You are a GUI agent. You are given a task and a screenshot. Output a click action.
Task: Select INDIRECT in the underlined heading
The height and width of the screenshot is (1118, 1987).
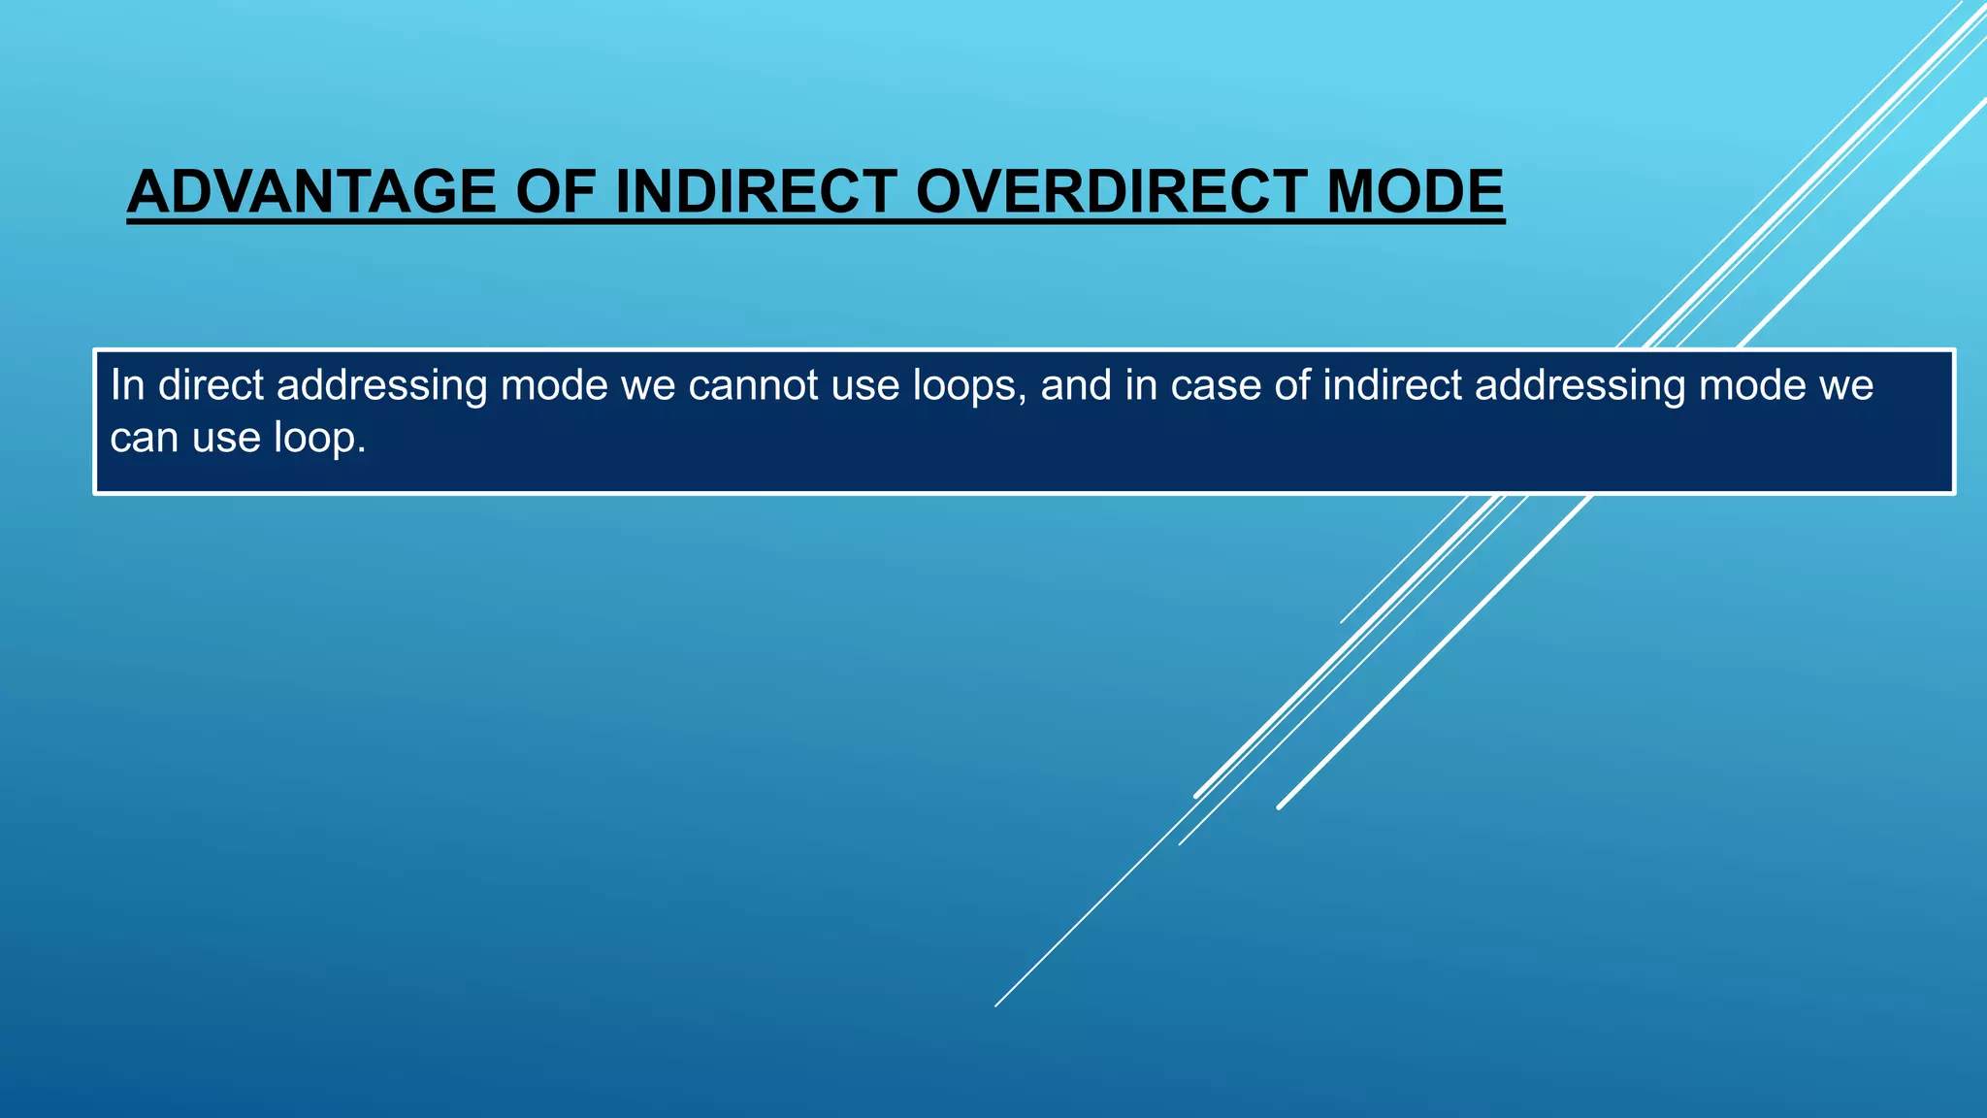point(756,192)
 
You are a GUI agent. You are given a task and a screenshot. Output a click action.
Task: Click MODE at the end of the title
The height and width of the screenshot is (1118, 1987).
point(1415,192)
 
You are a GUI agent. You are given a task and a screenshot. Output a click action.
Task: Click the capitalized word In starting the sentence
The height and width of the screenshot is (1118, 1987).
point(127,385)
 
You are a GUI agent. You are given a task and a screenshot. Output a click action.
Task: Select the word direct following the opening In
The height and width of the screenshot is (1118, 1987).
point(211,385)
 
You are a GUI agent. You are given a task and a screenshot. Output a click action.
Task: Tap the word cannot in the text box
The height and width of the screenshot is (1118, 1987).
point(754,385)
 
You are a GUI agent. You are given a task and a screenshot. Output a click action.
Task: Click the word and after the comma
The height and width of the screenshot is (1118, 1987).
point(1076,385)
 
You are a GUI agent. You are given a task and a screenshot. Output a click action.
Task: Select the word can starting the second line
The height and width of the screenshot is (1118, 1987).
point(144,438)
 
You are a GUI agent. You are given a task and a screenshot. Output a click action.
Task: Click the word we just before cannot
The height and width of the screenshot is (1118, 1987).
point(647,385)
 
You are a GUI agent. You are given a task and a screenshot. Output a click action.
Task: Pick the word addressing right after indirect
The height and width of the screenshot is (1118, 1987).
point(1580,385)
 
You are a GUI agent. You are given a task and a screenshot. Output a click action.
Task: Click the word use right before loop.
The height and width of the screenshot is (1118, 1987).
point(226,438)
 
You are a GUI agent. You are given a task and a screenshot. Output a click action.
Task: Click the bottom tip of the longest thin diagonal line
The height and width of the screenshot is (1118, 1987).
point(996,1004)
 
